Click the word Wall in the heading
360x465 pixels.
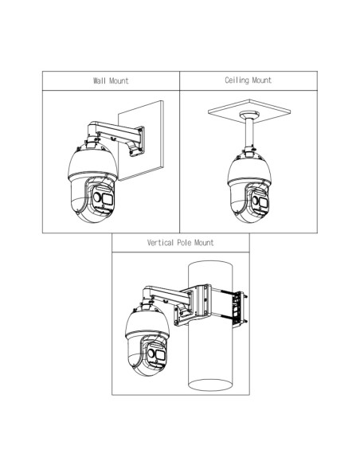pyautogui.click(x=100, y=80)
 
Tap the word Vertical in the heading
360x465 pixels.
pyautogui.click(x=160, y=243)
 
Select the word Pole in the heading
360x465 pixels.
pyautogui.click(x=184, y=243)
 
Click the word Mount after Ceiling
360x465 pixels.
pyautogui.click(x=262, y=80)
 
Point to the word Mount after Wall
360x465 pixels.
pyautogui.click(x=119, y=80)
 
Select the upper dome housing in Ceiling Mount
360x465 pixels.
pyautogui.click(x=249, y=170)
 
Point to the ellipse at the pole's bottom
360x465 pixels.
pyautogui.click(x=209, y=385)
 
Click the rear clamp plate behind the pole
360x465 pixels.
pyautogui.click(x=238, y=309)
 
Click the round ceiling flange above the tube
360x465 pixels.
pyautogui.click(x=249, y=115)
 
